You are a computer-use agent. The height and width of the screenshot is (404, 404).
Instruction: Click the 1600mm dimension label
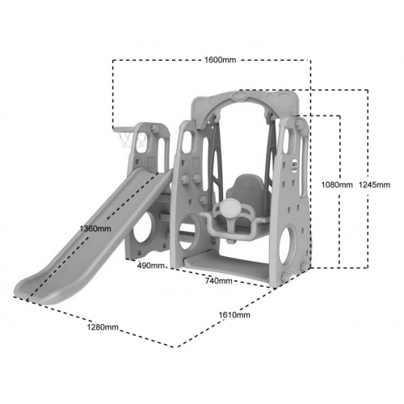point(220,60)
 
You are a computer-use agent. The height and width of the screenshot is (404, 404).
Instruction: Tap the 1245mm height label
point(374,185)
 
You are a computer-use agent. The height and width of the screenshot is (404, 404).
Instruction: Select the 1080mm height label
point(337,185)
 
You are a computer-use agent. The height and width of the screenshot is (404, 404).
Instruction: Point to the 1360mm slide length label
point(95,229)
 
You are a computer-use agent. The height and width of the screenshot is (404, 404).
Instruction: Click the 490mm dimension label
point(151,266)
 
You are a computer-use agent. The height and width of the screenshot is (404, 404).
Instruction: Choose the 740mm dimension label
point(219,280)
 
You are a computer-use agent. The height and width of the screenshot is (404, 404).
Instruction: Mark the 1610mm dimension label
point(234,314)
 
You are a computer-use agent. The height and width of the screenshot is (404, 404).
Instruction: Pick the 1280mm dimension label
point(103,327)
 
